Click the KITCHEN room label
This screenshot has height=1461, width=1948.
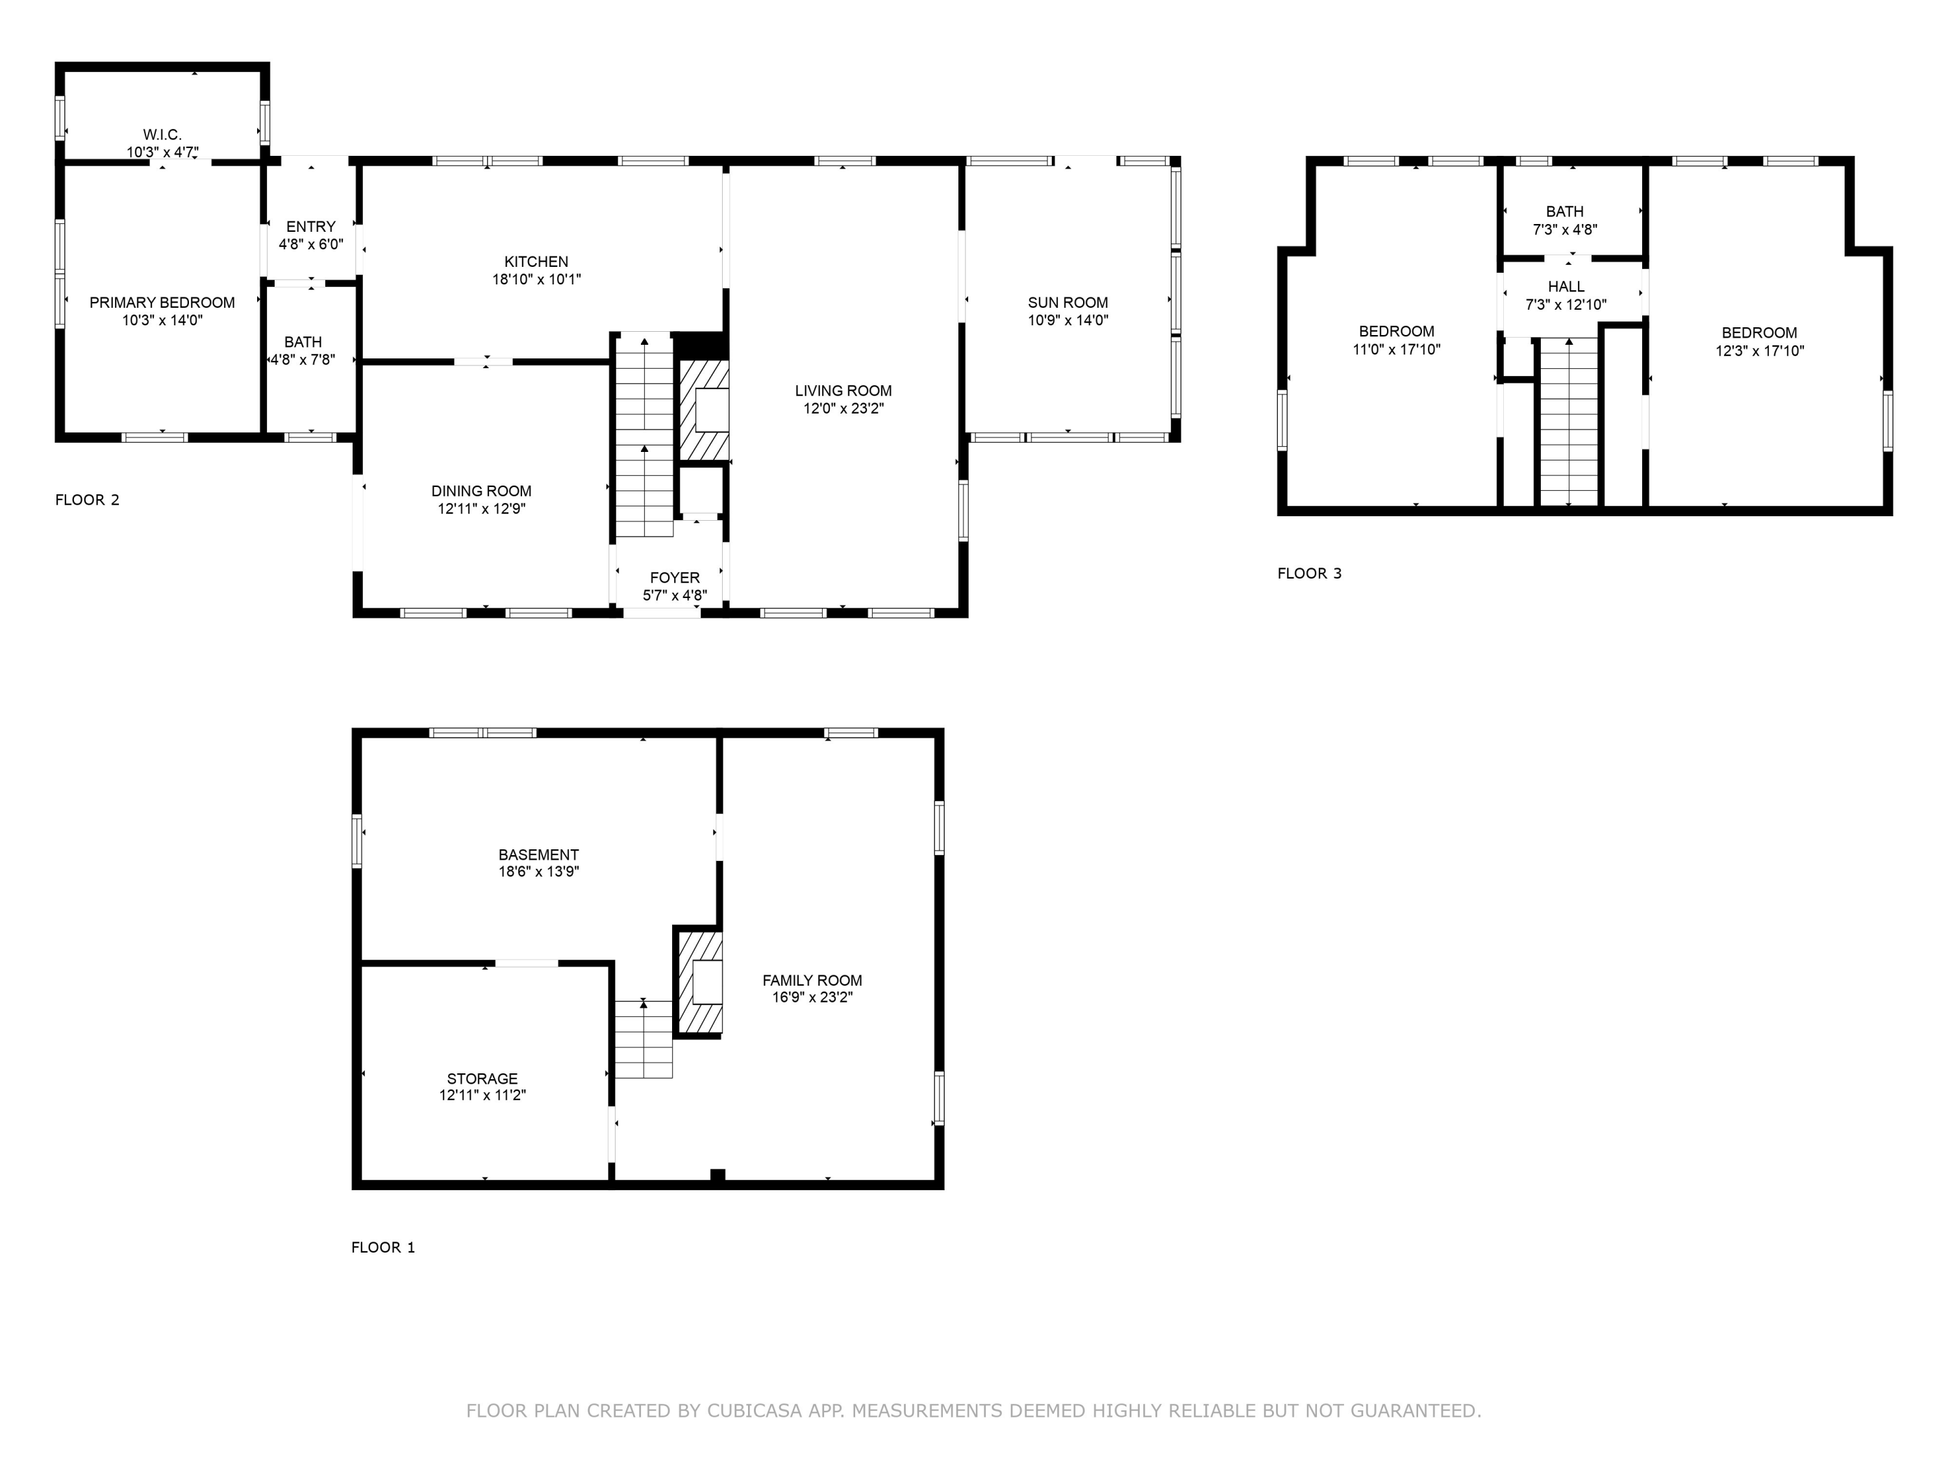click(x=536, y=262)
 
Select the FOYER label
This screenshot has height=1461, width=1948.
click(x=675, y=578)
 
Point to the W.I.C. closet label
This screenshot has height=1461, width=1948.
click(x=162, y=135)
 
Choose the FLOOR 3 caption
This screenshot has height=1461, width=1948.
click(x=1308, y=573)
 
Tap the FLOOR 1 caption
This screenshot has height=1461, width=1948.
click(x=382, y=1247)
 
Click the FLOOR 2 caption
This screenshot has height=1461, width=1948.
click(x=87, y=500)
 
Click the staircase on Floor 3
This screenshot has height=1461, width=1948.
click(x=1567, y=422)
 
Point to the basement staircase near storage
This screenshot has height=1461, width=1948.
click(x=643, y=1039)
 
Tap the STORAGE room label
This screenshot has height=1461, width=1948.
click(x=482, y=1079)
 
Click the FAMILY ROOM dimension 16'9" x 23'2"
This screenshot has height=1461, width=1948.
click(x=812, y=998)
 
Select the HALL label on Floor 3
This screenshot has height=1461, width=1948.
click(x=1566, y=287)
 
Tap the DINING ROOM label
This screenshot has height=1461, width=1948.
click(x=481, y=492)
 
